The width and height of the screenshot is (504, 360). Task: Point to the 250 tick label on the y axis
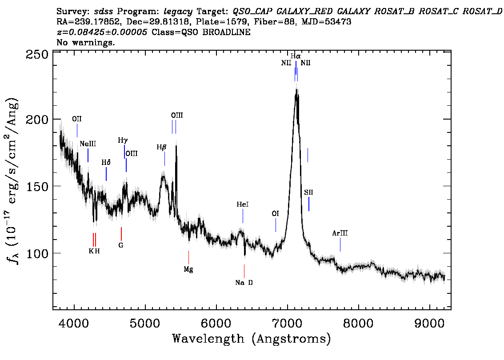(36, 54)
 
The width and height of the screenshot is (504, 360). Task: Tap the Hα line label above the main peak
(296, 56)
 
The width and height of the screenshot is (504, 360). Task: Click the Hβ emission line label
(162, 147)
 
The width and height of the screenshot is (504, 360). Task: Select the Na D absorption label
(244, 283)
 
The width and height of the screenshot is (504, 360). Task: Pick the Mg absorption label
(188, 269)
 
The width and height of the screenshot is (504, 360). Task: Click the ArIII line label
(340, 233)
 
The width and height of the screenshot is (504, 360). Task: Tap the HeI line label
(243, 204)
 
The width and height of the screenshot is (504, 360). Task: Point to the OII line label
(77, 119)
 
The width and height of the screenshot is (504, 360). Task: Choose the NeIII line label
(88, 144)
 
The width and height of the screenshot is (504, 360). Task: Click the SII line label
(308, 192)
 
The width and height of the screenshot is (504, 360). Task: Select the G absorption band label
(121, 245)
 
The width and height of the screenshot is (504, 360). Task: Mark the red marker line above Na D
(244, 271)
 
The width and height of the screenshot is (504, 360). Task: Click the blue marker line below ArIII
(340, 245)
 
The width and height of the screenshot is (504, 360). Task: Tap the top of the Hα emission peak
(296, 89)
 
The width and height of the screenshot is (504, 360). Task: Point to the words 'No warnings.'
(86, 42)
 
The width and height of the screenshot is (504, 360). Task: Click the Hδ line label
(106, 163)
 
